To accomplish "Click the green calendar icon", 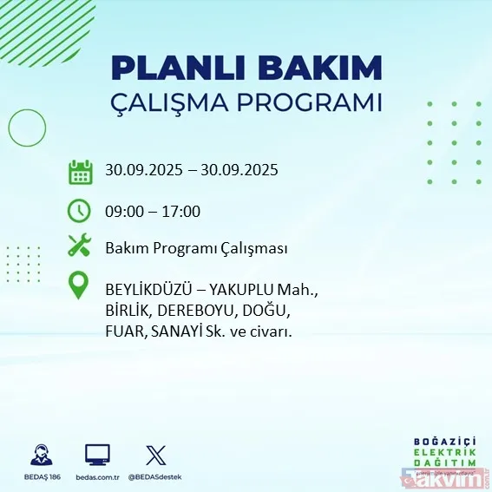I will pyautogui.click(x=80, y=171).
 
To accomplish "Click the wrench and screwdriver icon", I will pyautogui.click(x=80, y=247).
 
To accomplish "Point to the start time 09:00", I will pyautogui.click(x=124, y=211).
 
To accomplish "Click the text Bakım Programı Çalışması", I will pyautogui.click(x=196, y=249).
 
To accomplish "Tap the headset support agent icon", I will pyautogui.click(x=39, y=455).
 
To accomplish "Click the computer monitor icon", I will pyautogui.click(x=97, y=455).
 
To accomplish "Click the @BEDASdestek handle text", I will pyautogui.click(x=157, y=477).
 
